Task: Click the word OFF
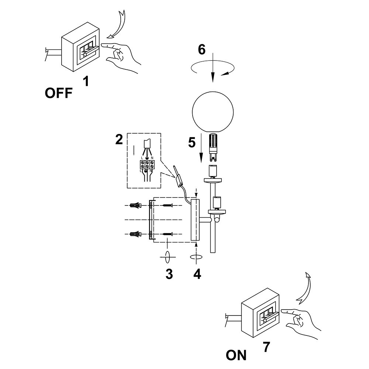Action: pos(59,93)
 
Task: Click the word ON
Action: pos(236,355)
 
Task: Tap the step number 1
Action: pos(86,81)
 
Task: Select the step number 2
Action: pos(119,139)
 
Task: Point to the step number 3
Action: pos(169,274)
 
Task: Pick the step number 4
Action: pos(197,274)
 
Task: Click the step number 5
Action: pos(192,142)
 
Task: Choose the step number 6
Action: pos(202,49)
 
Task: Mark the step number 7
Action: pos(266,347)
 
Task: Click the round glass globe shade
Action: pos(213,112)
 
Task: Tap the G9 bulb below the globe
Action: pos(213,148)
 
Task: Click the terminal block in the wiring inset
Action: pos(147,164)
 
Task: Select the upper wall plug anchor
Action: pos(135,206)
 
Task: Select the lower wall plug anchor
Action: pos(135,234)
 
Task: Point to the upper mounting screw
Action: pos(168,206)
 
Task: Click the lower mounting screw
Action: pos(168,234)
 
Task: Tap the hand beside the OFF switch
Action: pos(121,56)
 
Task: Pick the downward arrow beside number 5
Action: pos(201,148)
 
